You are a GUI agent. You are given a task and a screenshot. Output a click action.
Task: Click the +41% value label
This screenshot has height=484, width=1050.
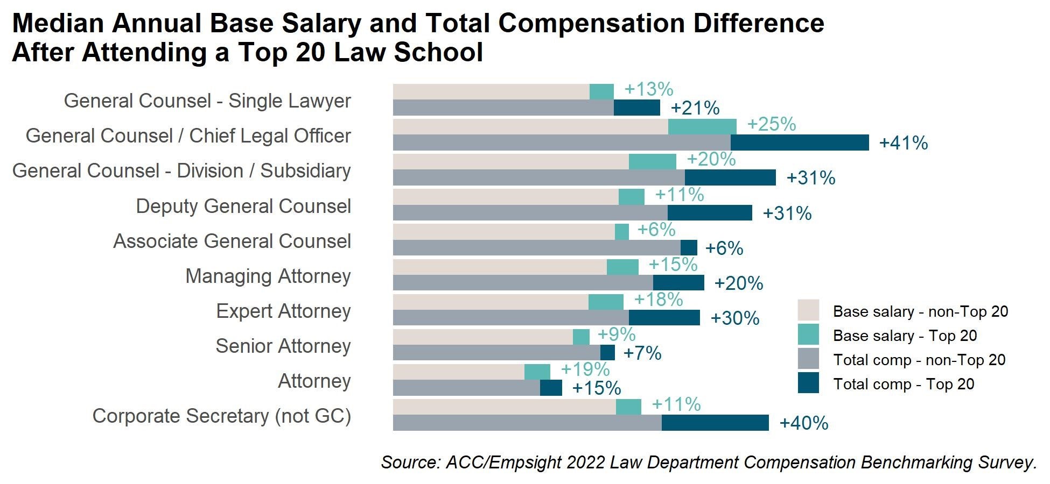click(x=903, y=143)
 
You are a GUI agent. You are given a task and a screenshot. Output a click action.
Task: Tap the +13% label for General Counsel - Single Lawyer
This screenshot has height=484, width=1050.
click(x=648, y=89)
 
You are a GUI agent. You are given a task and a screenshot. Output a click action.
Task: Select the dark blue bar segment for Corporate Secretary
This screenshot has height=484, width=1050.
click(x=715, y=423)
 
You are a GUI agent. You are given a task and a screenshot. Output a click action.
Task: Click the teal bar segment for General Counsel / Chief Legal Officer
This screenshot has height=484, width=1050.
click(x=702, y=127)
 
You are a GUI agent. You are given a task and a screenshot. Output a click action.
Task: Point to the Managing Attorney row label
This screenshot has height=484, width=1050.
click(x=268, y=276)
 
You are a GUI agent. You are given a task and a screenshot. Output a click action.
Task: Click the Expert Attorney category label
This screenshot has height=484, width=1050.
click(x=283, y=311)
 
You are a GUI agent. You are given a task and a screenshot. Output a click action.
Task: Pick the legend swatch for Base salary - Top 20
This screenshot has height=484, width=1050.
click(x=808, y=334)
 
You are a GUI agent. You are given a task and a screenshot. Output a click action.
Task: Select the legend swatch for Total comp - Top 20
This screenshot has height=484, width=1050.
click(x=808, y=383)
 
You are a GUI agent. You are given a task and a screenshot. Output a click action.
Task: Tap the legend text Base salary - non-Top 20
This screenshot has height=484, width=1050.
click(x=920, y=311)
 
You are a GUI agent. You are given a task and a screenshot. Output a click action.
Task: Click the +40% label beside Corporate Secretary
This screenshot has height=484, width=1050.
click(x=803, y=423)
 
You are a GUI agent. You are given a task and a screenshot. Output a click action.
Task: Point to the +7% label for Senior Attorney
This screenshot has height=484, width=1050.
click(x=642, y=353)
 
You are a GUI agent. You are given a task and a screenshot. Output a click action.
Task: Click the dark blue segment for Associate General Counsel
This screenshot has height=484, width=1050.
click(x=689, y=248)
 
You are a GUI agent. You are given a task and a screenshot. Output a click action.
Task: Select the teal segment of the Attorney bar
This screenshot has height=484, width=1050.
click(x=537, y=372)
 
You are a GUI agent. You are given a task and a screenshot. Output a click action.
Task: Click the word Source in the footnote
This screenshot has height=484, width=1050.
click(x=409, y=462)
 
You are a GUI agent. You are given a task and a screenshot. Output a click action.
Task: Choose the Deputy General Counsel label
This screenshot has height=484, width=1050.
click(x=243, y=207)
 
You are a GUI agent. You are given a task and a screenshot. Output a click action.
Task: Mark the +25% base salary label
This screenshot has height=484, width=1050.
click(x=771, y=124)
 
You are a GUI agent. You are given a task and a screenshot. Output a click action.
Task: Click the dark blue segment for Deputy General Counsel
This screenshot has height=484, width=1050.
click(x=710, y=213)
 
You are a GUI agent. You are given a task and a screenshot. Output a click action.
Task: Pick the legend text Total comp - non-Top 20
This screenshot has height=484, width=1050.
click(x=919, y=360)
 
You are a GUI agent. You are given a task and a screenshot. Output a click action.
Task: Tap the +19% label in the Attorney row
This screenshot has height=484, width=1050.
click(x=585, y=369)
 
